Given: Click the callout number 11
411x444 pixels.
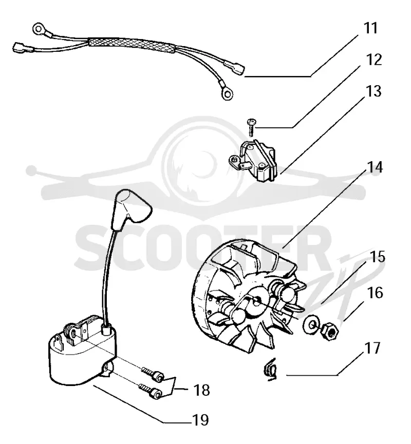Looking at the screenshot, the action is pyautogui.click(x=370, y=28).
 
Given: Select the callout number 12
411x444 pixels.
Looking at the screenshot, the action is pyautogui.click(x=374, y=60).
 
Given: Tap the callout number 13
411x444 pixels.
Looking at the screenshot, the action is pyautogui.click(x=373, y=91).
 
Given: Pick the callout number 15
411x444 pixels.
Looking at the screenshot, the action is pyautogui.click(x=377, y=257).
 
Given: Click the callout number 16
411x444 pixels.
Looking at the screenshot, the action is pyautogui.click(x=375, y=293).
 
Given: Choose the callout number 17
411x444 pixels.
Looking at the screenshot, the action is pyautogui.click(x=372, y=348).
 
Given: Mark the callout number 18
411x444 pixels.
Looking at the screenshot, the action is pyautogui.click(x=201, y=390).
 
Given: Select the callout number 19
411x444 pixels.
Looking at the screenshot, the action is pyautogui.click(x=200, y=420).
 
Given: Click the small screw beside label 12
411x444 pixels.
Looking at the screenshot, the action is pyautogui.click(x=251, y=127).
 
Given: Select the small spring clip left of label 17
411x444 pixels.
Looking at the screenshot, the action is pyautogui.click(x=270, y=369).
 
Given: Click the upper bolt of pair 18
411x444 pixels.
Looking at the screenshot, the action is pyautogui.click(x=153, y=373).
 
